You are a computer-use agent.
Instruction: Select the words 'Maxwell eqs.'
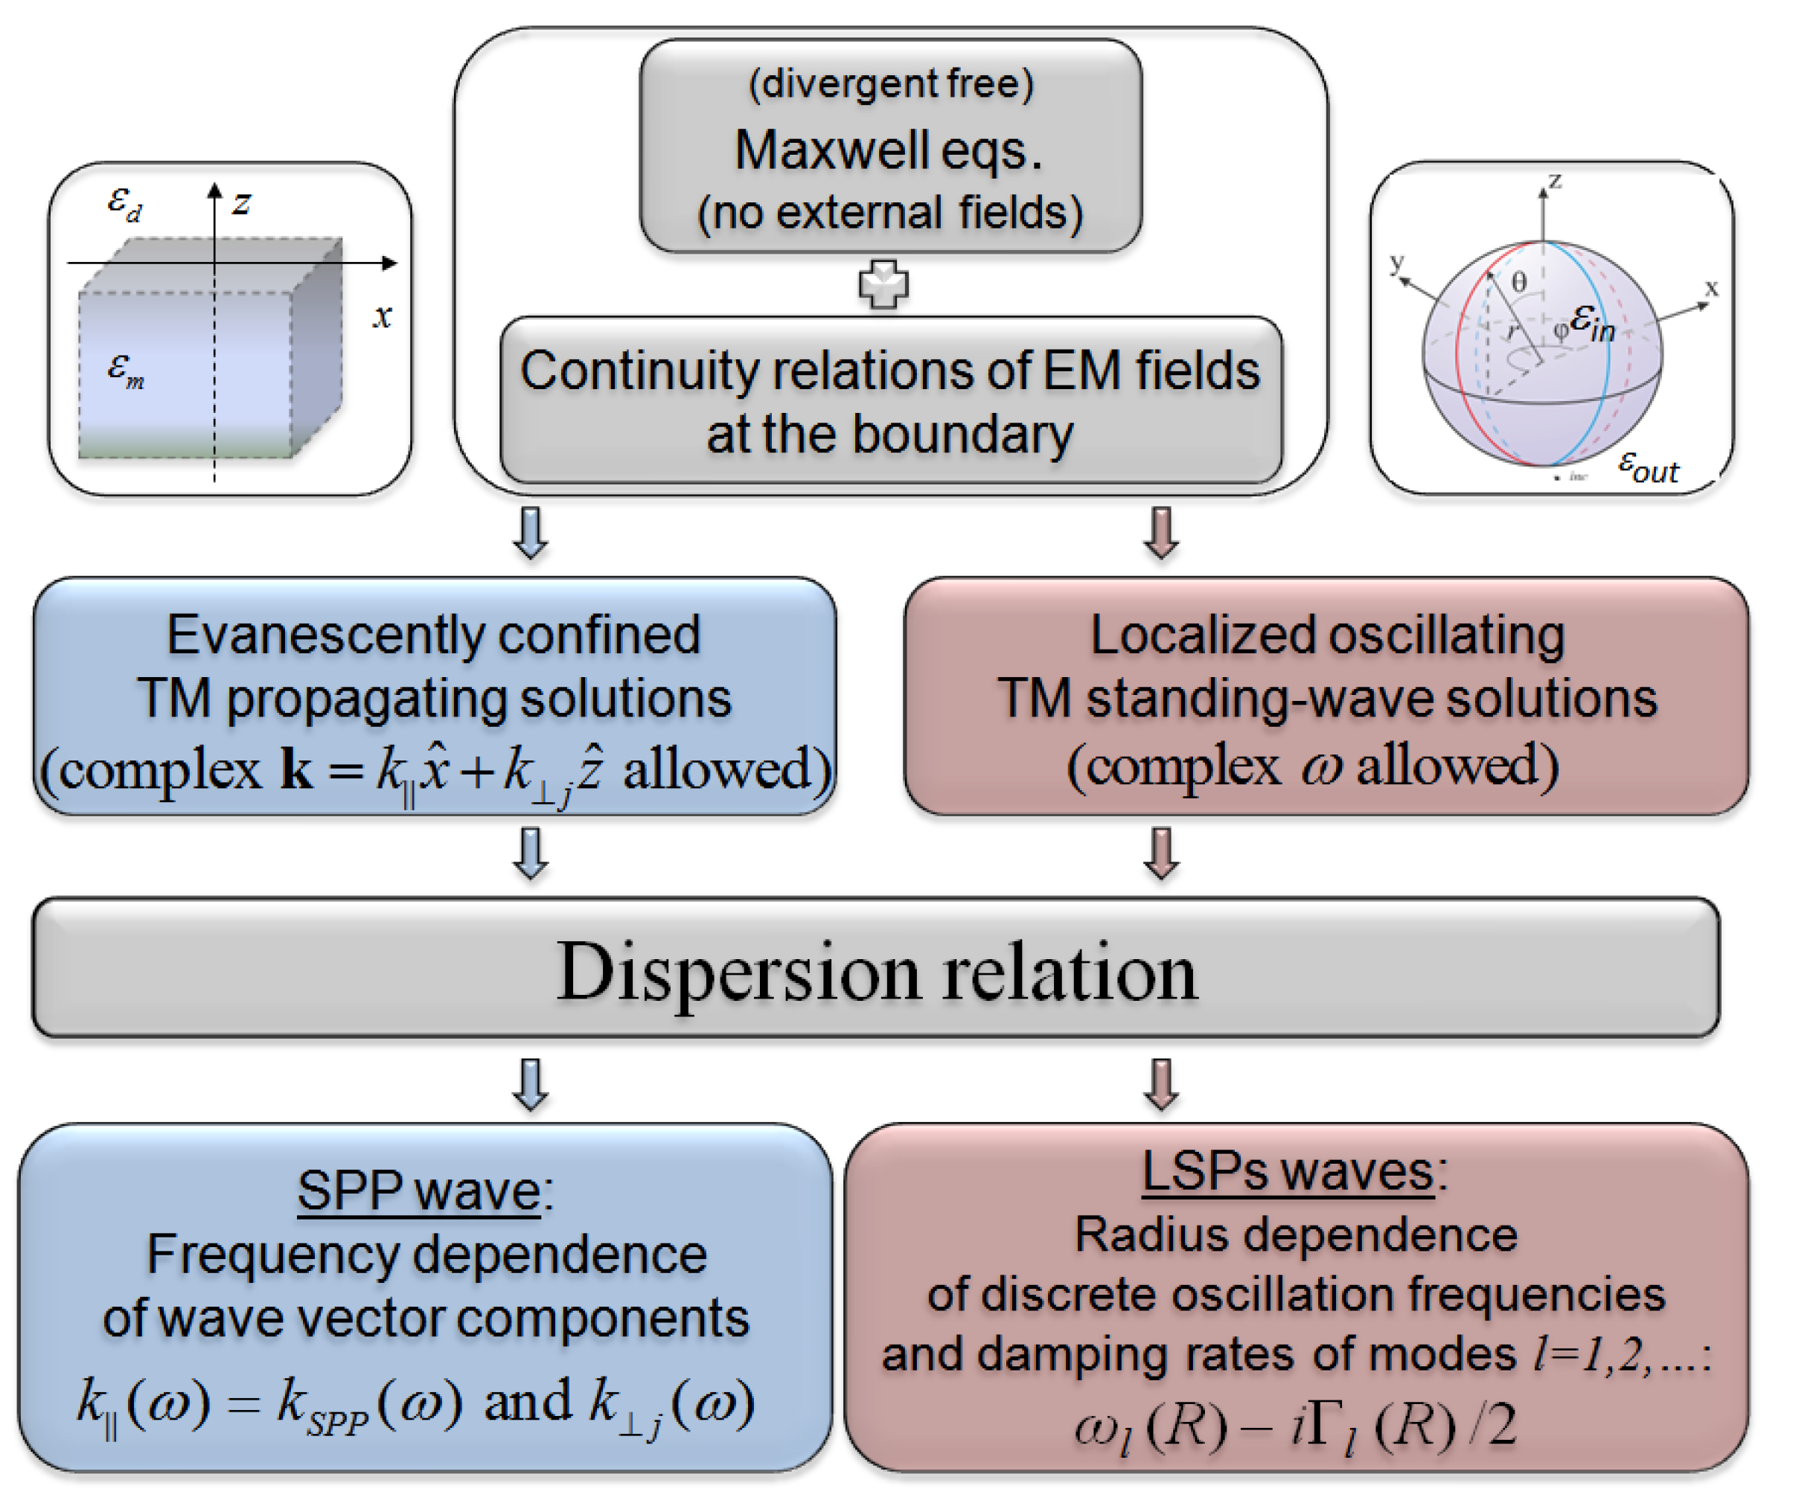tap(889, 151)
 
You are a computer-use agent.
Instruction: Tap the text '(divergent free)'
tap(891, 84)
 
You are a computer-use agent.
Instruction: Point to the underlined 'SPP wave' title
tap(419, 1191)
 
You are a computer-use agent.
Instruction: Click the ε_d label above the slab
tap(124, 204)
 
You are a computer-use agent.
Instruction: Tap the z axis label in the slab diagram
tap(242, 204)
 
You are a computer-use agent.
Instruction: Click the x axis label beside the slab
tap(383, 316)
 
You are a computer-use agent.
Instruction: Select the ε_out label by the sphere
tap(1647, 468)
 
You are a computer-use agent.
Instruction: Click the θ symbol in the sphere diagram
tap(1518, 282)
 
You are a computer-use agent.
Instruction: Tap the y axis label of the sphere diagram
tap(1397, 262)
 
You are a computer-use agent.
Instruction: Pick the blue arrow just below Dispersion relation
tap(531, 1085)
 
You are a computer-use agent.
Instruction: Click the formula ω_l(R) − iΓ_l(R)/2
tap(1295, 1427)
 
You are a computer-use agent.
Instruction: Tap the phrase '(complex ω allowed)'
tap(1312, 765)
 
